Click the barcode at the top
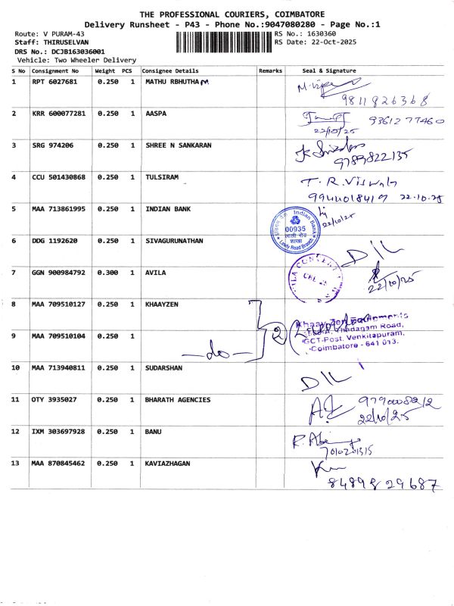tap(219, 42)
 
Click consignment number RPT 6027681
tap(54, 81)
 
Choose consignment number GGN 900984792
tap(59, 272)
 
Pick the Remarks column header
tap(270, 70)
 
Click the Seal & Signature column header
tap(328, 70)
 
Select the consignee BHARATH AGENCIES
tap(177, 399)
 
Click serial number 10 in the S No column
tap(16, 367)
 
